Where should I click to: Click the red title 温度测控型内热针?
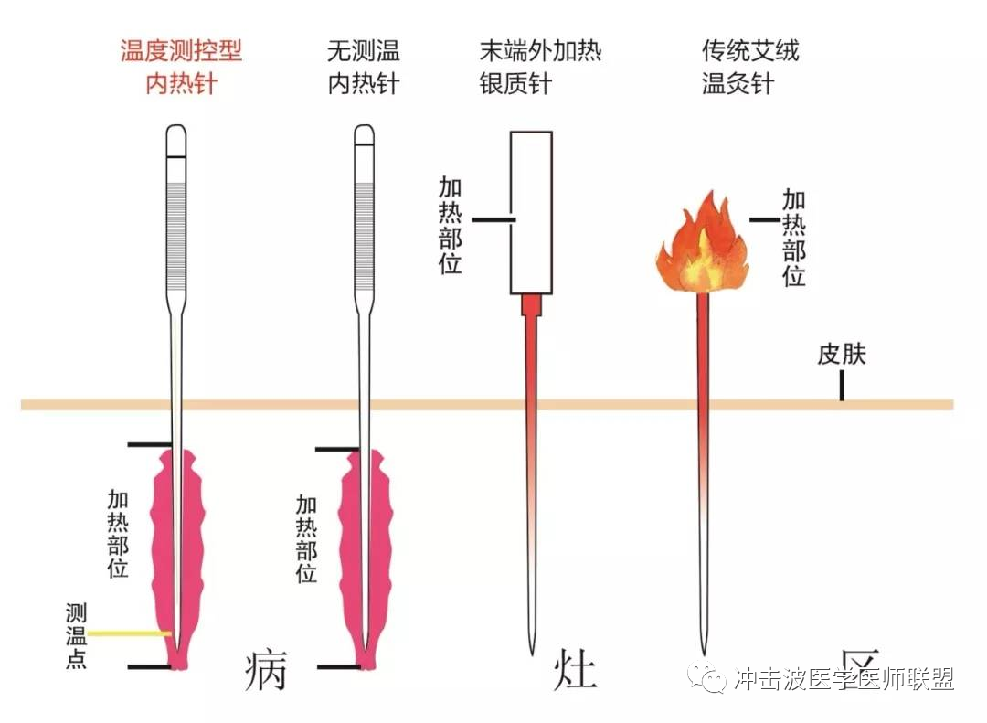coord(181,67)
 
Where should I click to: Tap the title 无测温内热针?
coord(363,67)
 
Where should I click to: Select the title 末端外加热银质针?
coord(540,67)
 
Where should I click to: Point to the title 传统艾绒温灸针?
coord(750,67)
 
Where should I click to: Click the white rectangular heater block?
coord(531,213)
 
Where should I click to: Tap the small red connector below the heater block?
coord(531,305)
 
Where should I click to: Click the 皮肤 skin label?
coord(842,354)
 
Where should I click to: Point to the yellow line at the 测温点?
coord(129,633)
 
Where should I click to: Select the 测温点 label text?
coord(76,635)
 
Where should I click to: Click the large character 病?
coord(266,669)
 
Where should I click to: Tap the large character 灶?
coord(575,669)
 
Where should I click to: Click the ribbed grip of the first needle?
coord(176,236)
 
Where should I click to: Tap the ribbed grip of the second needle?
coord(365,236)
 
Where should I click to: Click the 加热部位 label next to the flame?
coord(794,238)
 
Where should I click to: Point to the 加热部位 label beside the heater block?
coord(450,225)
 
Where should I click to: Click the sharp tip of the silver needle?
coord(532,654)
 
